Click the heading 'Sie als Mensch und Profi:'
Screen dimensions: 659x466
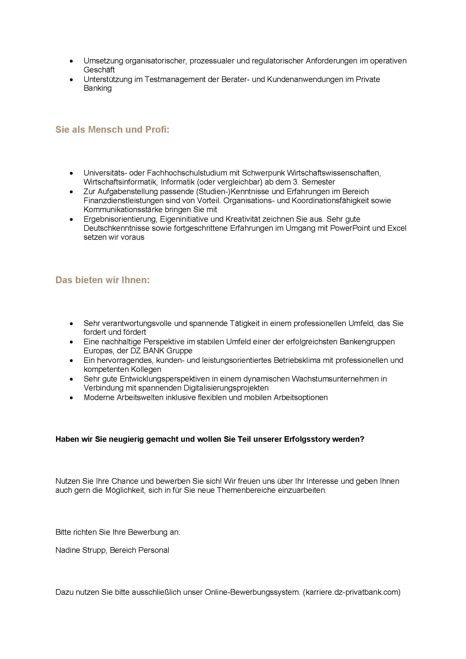(x=112, y=130)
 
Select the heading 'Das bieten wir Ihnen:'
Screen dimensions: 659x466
(x=103, y=280)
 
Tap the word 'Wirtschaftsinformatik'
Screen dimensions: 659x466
(x=121, y=182)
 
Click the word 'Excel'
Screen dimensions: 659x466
(x=397, y=228)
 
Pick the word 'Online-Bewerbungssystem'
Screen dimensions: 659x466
(x=252, y=592)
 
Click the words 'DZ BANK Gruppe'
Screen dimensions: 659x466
(x=161, y=351)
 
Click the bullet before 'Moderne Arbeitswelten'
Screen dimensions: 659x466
(x=72, y=398)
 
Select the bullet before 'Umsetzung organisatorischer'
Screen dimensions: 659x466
(x=72, y=61)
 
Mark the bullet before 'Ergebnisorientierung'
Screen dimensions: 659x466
(x=72, y=219)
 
